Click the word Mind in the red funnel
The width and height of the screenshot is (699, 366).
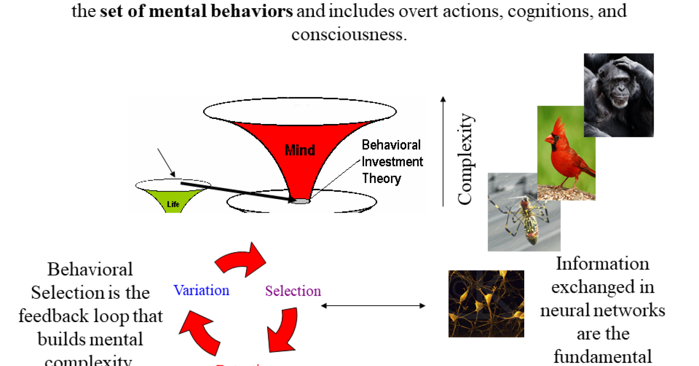pos(300,150)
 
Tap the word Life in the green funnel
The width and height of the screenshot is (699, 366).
pos(173,205)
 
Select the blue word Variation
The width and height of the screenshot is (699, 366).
pos(201,291)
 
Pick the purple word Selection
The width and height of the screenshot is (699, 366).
pos(293,291)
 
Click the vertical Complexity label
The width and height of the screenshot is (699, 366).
pos(465,159)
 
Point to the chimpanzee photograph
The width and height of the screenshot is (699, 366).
pos(618,95)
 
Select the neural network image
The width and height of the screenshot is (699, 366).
pos(486,304)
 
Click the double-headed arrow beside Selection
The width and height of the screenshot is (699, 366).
pos(373,306)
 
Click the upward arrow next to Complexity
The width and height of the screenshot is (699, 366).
pos(443,151)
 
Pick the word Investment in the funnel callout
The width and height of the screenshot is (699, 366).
pos(393,161)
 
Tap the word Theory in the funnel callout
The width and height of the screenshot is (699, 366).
pos(382,178)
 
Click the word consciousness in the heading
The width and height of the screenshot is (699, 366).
pos(349,34)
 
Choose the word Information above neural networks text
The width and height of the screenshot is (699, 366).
pos(602,264)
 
